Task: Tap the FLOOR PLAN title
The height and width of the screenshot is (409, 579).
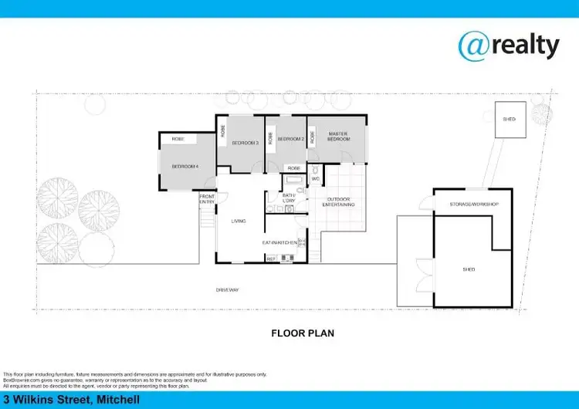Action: click(x=302, y=333)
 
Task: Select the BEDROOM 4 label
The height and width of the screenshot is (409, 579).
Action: click(x=185, y=167)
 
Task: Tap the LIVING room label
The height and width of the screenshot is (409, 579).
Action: click(x=239, y=221)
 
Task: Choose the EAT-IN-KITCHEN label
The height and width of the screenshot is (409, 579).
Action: click(x=279, y=242)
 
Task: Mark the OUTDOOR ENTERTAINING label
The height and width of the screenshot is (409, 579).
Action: click(x=337, y=202)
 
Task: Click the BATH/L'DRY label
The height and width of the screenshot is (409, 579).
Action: click(x=289, y=198)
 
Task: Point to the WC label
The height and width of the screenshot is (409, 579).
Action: click(x=315, y=179)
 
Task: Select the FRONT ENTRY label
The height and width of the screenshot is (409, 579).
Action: click(x=207, y=199)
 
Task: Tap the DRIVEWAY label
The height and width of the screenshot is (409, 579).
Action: click(x=228, y=289)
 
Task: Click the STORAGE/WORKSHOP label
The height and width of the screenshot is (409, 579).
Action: click(x=474, y=204)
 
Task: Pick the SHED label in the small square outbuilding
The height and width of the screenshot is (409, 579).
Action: click(x=509, y=120)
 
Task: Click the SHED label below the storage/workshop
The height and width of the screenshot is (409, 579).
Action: click(x=469, y=269)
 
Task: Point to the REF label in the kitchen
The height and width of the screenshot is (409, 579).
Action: click(x=271, y=259)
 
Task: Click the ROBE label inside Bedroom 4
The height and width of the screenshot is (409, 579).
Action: click(x=178, y=139)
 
